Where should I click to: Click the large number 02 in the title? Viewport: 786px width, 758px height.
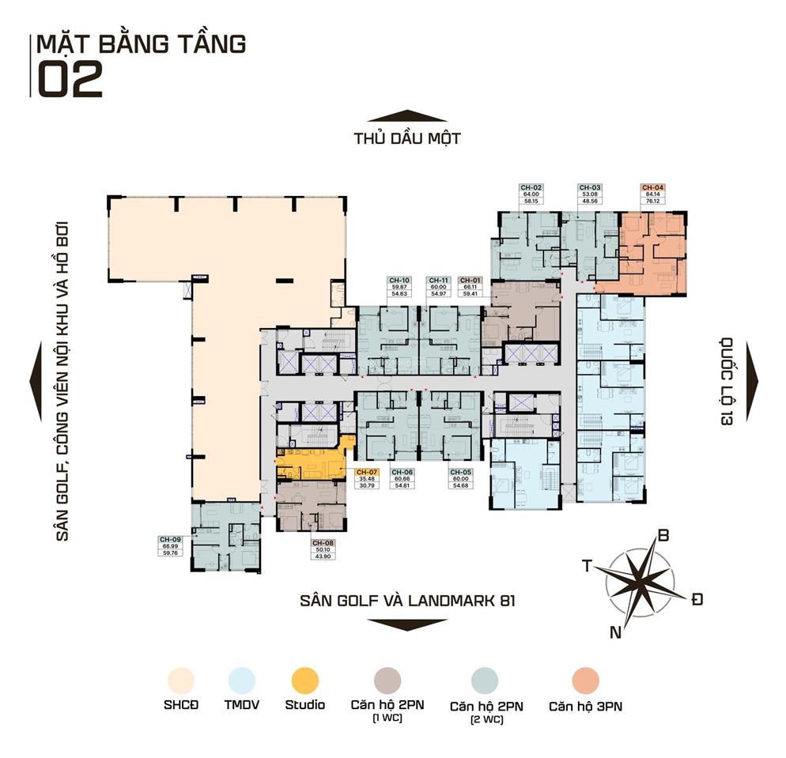pyautogui.click(x=70, y=79)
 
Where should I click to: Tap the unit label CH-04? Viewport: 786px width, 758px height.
pyautogui.click(x=653, y=187)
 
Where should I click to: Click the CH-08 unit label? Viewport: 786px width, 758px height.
pyautogui.click(x=322, y=543)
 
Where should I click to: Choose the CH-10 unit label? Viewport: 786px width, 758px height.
pyautogui.click(x=399, y=280)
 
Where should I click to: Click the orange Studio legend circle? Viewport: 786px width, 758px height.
pyautogui.click(x=304, y=680)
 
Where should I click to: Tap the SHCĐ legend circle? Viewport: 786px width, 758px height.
pyautogui.click(x=180, y=680)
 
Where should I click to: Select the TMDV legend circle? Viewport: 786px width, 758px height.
pyautogui.click(x=242, y=680)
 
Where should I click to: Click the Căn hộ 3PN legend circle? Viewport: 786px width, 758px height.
pyautogui.click(x=586, y=680)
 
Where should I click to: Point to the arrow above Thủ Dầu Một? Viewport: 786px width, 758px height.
pyautogui.click(x=407, y=116)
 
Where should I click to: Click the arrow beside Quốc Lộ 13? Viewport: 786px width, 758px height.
pyautogui.click(x=750, y=382)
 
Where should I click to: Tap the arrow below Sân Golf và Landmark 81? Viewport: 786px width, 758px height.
pyautogui.click(x=407, y=624)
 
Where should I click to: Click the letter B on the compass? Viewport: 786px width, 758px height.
pyautogui.click(x=663, y=536)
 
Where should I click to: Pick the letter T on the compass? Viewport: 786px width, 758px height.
pyautogui.click(x=588, y=564)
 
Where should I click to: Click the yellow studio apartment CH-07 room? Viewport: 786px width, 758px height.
pyautogui.click(x=308, y=463)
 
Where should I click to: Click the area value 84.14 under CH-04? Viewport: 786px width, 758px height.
pyautogui.click(x=653, y=194)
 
